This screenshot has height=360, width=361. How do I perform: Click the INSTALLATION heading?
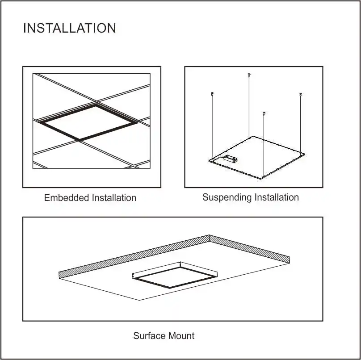(x=69, y=28)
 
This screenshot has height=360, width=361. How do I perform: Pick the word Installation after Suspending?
(x=277, y=197)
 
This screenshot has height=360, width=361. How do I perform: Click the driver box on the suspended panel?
(x=231, y=158)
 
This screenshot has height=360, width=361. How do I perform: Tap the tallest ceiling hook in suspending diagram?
(x=249, y=75)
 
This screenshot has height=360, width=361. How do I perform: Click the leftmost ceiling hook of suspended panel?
(x=212, y=94)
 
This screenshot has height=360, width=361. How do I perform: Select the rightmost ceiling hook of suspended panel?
(x=301, y=95)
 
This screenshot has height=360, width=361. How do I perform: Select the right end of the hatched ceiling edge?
(x=289, y=259)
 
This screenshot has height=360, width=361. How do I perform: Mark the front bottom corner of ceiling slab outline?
(x=140, y=300)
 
